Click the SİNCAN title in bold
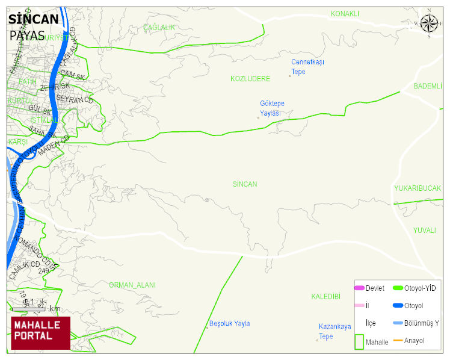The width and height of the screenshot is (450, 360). [x=34, y=19]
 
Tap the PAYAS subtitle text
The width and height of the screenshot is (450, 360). [x=27, y=36]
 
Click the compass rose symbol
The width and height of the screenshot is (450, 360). [x=429, y=23]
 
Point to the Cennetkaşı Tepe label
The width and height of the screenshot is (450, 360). [x=307, y=67]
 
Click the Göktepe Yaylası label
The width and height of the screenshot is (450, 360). [x=272, y=108]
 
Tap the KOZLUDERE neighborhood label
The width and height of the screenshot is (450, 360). [x=250, y=79]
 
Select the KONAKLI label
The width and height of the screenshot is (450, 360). [x=345, y=14]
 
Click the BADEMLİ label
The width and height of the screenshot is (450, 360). [x=428, y=86]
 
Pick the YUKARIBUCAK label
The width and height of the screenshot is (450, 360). [x=418, y=188]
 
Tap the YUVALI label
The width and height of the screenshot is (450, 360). [x=424, y=230]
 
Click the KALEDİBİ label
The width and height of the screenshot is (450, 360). [x=326, y=296]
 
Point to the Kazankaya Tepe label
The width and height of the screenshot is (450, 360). [x=334, y=331]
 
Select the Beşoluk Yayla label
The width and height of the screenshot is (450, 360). [x=229, y=323]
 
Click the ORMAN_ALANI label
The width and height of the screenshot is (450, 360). [x=132, y=285]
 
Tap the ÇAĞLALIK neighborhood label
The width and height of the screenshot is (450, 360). [x=159, y=28]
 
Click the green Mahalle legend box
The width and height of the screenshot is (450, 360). [x=359, y=342]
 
